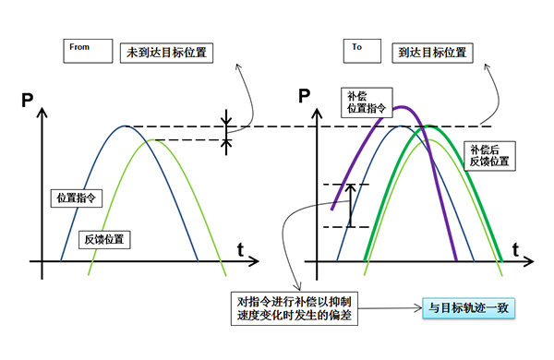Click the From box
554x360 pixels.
(88, 51)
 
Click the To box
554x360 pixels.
(362, 51)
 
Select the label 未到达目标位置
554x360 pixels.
(166, 53)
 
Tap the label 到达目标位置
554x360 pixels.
(432, 53)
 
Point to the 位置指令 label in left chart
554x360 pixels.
(77, 198)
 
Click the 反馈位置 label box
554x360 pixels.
(104, 240)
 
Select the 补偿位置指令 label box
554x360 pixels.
(367, 102)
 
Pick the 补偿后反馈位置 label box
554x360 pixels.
(489, 156)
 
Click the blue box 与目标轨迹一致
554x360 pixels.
(468, 308)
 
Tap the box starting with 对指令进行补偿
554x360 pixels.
(295, 308)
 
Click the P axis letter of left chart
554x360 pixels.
(27, 100)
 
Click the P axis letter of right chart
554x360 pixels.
(304, 96)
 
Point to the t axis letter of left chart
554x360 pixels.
(241, 250)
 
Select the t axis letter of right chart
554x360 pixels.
(515, 250)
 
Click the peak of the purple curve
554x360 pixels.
(402, 107)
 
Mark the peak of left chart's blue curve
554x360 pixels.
(125, 126)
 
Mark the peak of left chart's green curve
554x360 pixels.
(152, 140)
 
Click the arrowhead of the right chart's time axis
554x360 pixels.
(529, 261)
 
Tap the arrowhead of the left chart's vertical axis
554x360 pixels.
(42, 112)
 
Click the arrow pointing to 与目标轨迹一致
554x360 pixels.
(390, 308)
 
